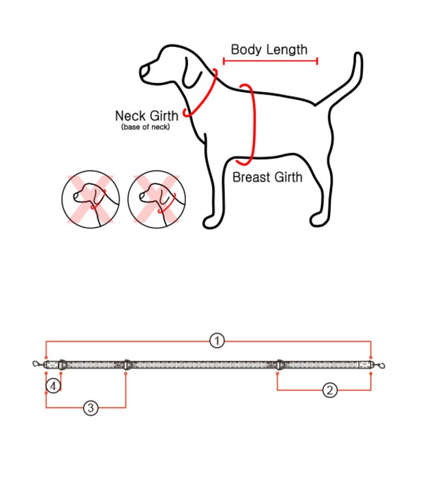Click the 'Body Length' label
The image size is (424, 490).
pos(269,50)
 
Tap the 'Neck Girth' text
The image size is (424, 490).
pos(146,116)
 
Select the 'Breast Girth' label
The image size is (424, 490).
pos(267,176)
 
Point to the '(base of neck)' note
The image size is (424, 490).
pos(145,127)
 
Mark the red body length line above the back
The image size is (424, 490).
pos(270,61)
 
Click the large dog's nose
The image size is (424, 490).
pos(143,69)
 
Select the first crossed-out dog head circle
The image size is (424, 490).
pos(91,200)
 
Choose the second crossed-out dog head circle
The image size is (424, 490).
pos(157,200)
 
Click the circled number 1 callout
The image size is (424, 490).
pos(217,340)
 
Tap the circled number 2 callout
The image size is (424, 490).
pos(330,390)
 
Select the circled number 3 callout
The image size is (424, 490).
pos(91,408)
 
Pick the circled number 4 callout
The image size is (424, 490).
pos(53,386)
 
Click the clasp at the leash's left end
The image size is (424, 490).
pos(39,364)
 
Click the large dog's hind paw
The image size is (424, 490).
pos(318,221)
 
